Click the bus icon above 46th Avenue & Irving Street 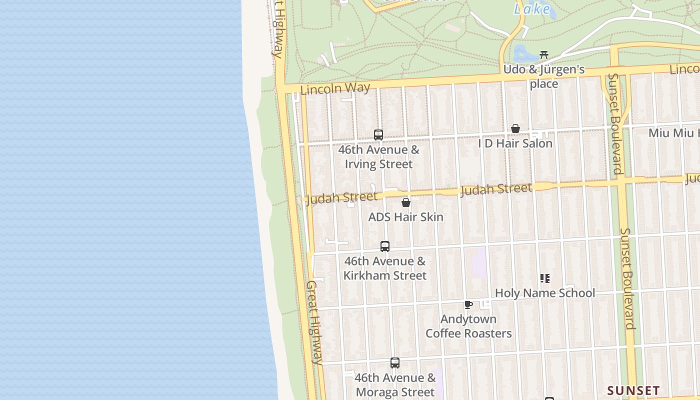tap(378, 134)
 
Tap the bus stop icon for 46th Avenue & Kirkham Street tap(384, 246)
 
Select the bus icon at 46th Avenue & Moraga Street tap(395, 363)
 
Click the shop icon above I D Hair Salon tap(515, 128)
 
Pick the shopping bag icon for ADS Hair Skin tap(406, 202)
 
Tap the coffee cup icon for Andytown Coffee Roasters tap(468, 304)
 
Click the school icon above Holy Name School tap(544, 278)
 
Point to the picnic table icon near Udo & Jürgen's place tap(544, 54)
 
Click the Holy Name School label tap(544, 293)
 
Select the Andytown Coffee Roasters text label tap(468, 326)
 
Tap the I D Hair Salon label tap(515, 143)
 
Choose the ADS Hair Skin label tap(406, 217)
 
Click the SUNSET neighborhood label tap(633, 390)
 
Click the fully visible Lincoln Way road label tap(335, 88)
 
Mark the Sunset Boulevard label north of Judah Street tap(616, 124)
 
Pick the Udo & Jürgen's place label tap(544, 76)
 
